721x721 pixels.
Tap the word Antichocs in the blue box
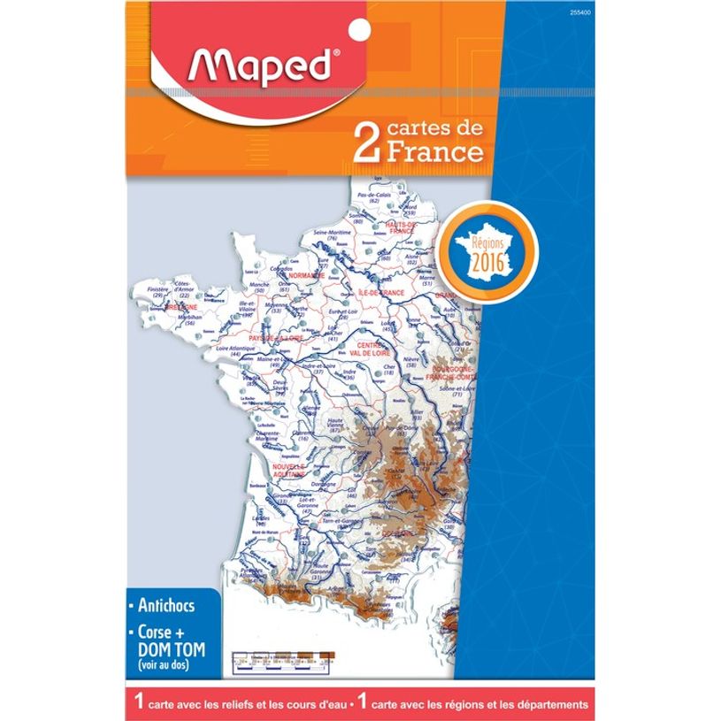[165, 607]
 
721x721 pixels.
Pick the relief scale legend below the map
[282, 657]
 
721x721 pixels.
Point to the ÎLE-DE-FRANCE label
[380, 292]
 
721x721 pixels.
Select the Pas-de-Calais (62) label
[373, 197]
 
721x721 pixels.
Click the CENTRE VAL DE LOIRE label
[364, 349]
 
